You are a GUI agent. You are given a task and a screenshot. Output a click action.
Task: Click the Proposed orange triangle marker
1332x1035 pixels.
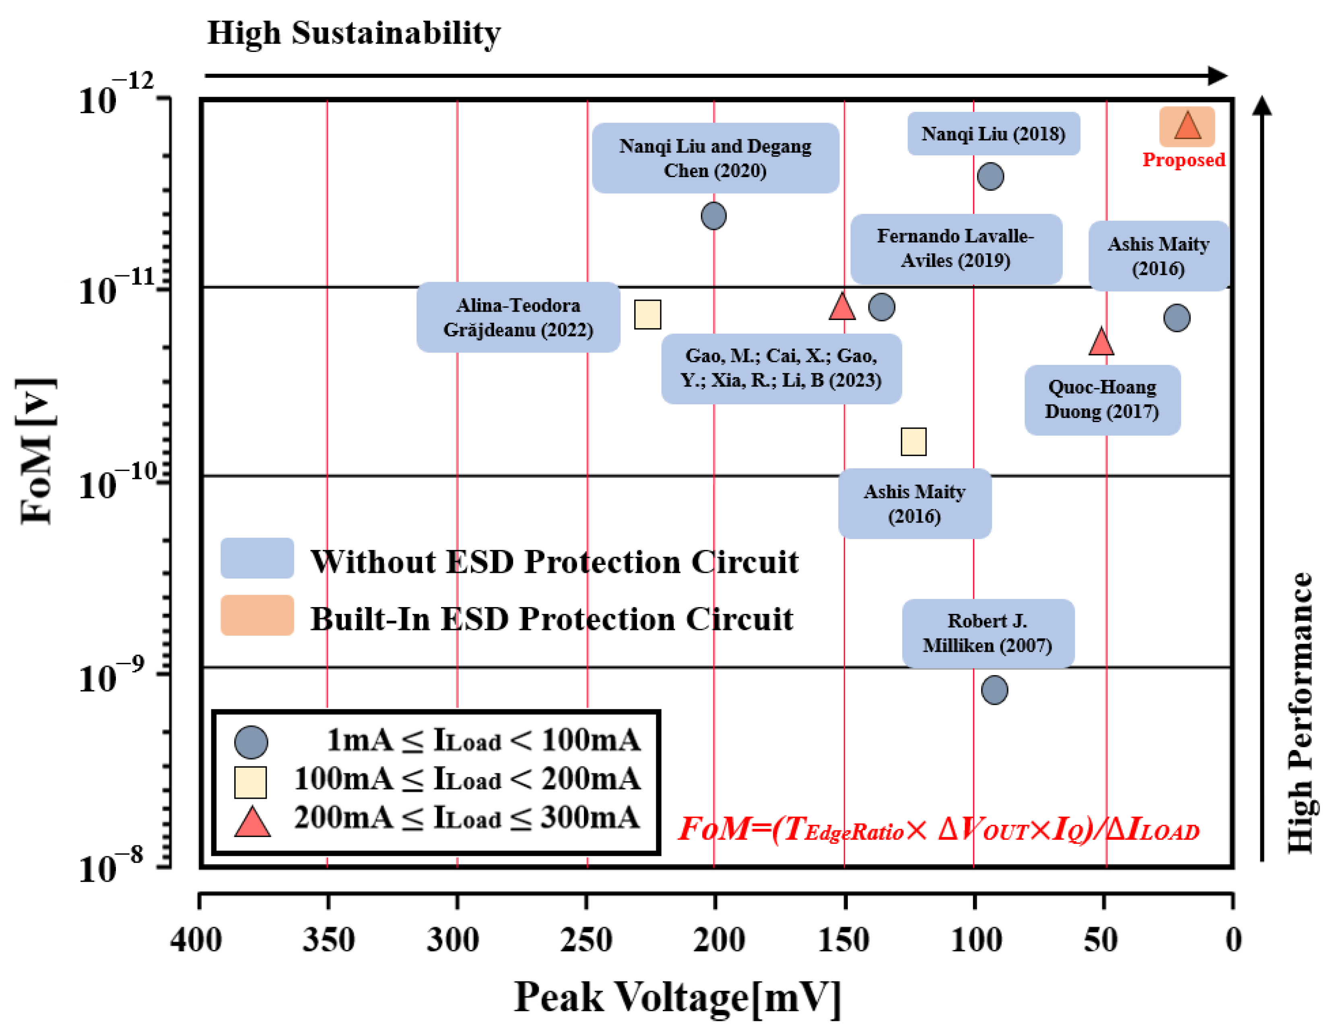(x=1187, y=127)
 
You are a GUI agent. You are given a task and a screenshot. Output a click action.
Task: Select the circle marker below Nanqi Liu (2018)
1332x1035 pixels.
(x=990, y=176)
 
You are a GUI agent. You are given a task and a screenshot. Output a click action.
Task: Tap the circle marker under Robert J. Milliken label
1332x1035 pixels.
(x=994, y=690)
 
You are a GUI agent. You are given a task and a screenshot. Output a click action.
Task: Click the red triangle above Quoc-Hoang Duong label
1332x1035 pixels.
(x=1101, y=342)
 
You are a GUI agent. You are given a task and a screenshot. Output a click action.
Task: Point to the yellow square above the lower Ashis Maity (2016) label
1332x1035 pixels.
(x=913, y=442)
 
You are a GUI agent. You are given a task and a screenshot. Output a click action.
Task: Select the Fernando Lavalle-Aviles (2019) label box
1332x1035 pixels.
(x=956, y=248)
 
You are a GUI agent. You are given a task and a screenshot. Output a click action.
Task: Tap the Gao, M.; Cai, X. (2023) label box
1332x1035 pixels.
(x=781, y=368)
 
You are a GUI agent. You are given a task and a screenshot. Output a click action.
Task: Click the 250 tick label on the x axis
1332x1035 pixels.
(x=586, y=940)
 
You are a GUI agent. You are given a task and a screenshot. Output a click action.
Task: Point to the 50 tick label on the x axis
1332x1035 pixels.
(x=1101, y=940)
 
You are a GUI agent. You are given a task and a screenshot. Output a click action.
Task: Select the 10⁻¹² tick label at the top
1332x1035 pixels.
(x=116, y=95)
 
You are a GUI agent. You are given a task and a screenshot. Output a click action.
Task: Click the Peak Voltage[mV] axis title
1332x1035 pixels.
(x=677, y=998)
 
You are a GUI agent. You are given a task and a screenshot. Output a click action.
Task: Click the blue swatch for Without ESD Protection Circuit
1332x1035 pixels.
(x=257, y=558)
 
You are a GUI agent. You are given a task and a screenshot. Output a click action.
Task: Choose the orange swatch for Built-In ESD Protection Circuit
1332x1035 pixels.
(x=257, y=615)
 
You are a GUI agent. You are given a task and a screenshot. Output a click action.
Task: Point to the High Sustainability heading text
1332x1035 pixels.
(x=354, y=33)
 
